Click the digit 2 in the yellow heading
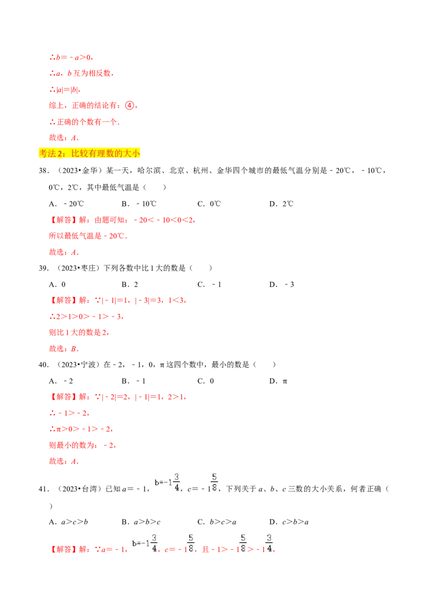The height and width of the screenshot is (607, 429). [x=60, y=153]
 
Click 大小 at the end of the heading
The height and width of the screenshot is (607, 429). [x=132, y=153]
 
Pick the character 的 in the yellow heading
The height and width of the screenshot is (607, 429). [x=119, y=153]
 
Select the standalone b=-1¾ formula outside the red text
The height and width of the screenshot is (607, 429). [x=167, y=482]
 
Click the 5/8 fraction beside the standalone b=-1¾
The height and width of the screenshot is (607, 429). [x=214, y=482]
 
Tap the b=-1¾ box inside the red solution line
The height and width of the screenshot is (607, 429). [x=144, y=543]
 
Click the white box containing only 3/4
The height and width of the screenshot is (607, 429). [x=268, y=543]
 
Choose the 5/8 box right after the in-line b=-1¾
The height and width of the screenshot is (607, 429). [x=190, y=543]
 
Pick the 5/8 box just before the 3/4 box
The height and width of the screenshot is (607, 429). [x=242, y=543]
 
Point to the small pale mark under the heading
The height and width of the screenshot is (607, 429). [x=60, y=160]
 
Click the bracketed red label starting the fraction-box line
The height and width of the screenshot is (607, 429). [x=64, y=550]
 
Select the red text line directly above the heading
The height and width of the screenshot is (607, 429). [x=64, y=138]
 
